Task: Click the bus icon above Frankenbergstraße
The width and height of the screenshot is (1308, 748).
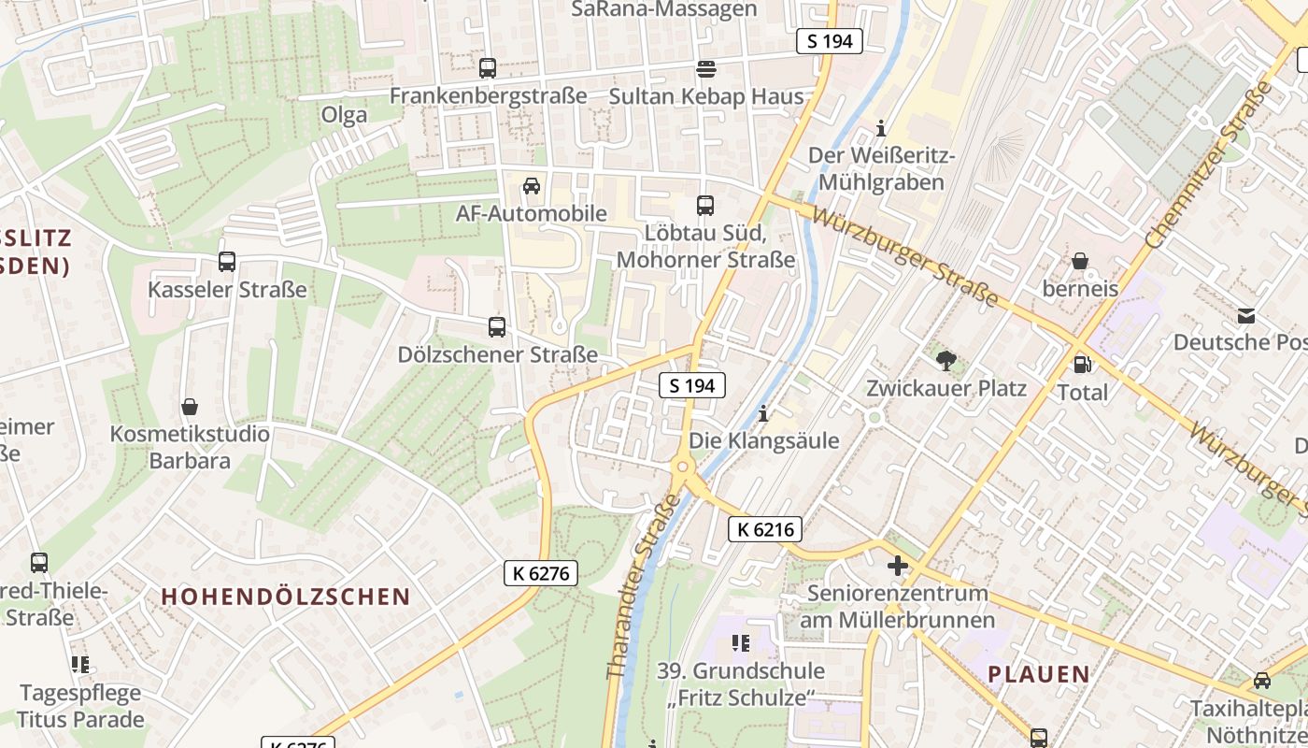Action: (487, 68)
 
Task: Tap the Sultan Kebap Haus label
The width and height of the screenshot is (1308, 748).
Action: (705, 96)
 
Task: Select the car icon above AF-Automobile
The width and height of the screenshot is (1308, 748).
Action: (532, 186)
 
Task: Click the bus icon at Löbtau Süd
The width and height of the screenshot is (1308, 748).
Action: (705, 205)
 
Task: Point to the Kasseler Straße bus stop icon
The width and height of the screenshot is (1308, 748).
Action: (226, 262)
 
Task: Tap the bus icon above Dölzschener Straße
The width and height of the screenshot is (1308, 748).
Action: (497, 327)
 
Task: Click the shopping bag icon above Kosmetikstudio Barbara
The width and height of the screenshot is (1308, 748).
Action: (190, 407)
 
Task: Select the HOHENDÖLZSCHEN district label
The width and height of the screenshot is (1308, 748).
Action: (286, 597)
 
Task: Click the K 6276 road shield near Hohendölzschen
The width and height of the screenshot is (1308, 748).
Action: (541, 573)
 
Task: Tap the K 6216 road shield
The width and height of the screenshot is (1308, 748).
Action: (765, 529)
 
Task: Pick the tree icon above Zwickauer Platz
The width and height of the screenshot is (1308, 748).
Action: (945, 360)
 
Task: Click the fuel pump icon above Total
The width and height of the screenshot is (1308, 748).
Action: (1082, 365)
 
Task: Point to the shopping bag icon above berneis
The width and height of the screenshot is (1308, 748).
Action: (1080, 261)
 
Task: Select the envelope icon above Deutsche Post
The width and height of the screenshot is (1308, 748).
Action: (1245, 315)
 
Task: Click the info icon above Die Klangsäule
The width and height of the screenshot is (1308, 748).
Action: (763, 412)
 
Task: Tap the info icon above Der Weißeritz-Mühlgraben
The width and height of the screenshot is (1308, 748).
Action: (879, 127)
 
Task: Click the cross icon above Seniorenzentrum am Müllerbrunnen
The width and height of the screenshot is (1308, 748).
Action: (898, 565)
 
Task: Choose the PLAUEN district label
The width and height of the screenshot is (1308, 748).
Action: (1039, 674)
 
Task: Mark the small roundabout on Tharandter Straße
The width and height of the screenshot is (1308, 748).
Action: (683, 467)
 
